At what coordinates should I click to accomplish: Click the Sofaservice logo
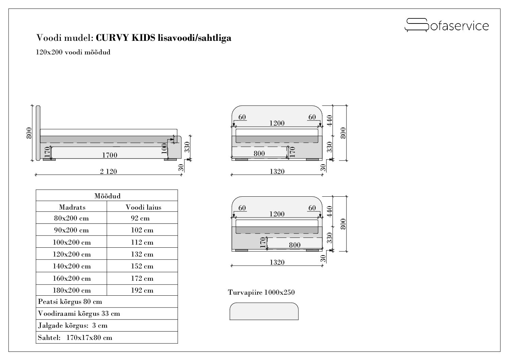coord(446,25)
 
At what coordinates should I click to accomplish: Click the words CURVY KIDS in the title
coord(125,38)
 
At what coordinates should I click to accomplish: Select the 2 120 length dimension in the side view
coord(108,171)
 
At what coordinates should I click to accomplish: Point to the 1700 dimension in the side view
coord(109,155)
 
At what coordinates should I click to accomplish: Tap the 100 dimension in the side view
coord(164,148)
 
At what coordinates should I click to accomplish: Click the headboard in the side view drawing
coord(38,133)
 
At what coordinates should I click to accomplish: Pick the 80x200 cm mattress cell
coord(71,218)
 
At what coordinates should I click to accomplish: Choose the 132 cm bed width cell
coord(142,254)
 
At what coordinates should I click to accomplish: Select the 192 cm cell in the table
coord(142,290)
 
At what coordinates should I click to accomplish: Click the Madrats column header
coord(72,207)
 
